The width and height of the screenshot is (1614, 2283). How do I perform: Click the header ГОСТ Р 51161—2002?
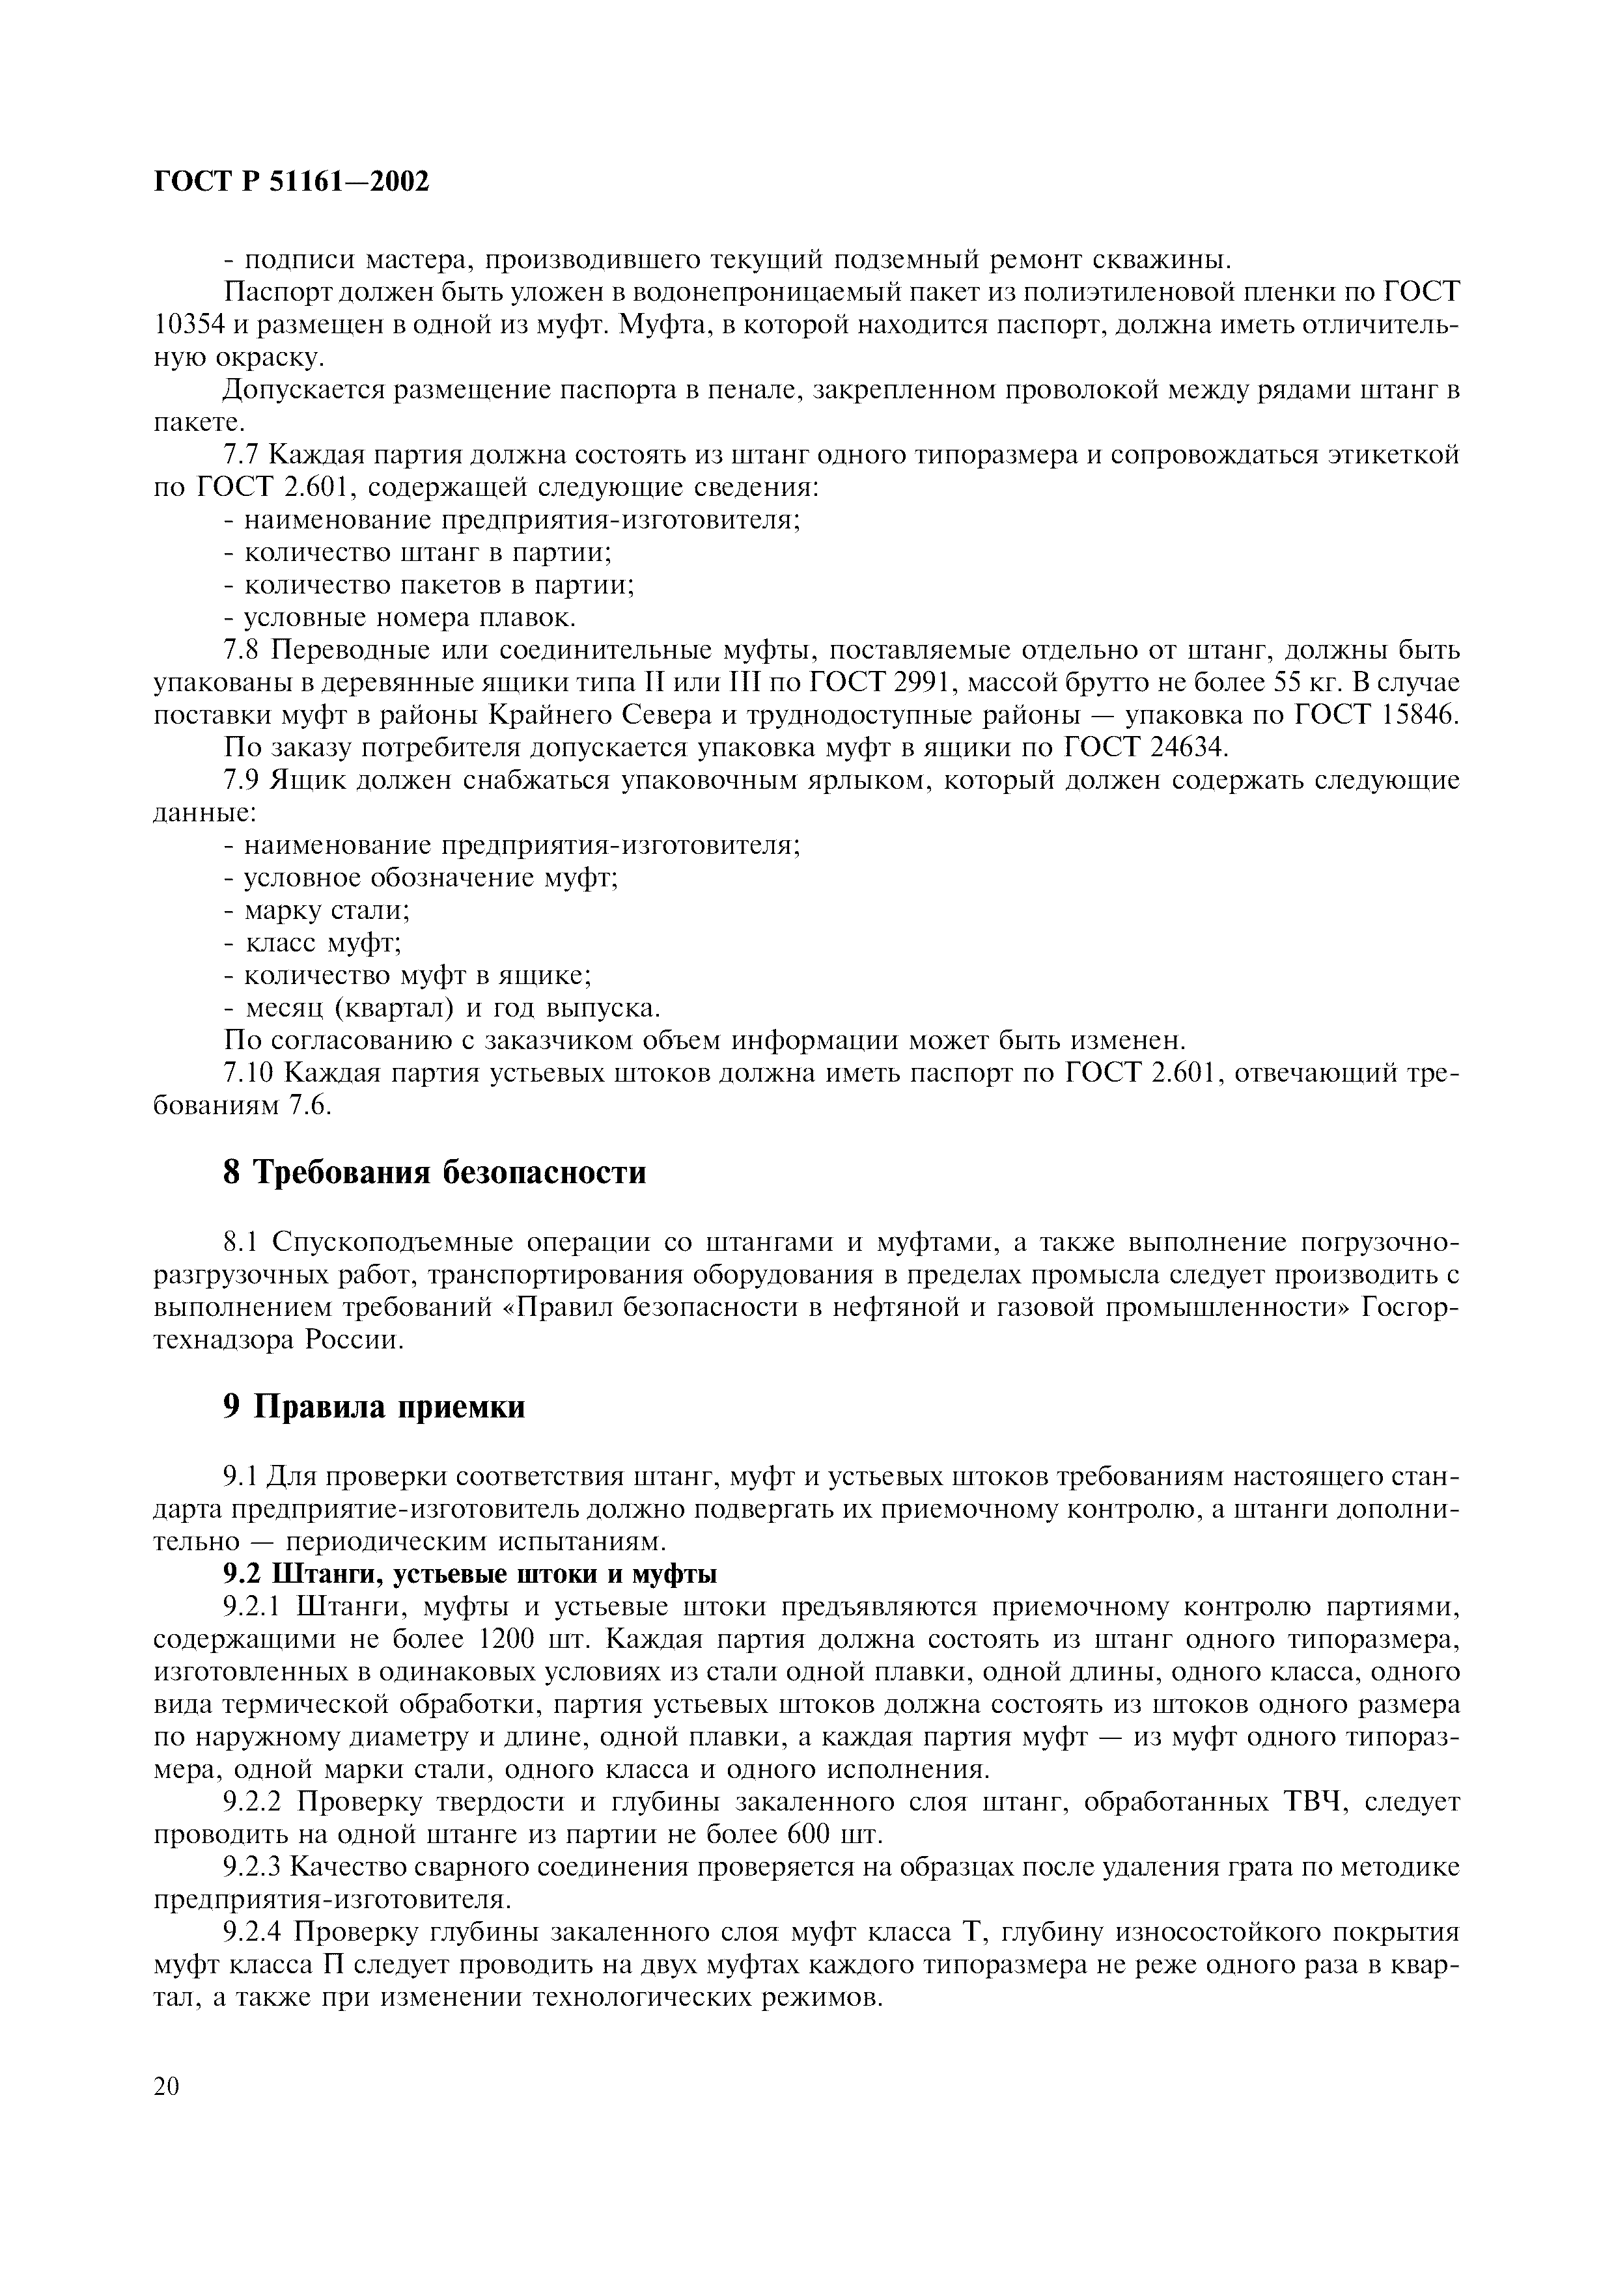(292, 182)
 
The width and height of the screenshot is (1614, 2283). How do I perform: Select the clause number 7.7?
(243, 456)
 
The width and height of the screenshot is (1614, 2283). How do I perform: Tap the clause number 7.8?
(243, 650)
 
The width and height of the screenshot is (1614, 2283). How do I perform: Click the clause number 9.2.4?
(256, 1931)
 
